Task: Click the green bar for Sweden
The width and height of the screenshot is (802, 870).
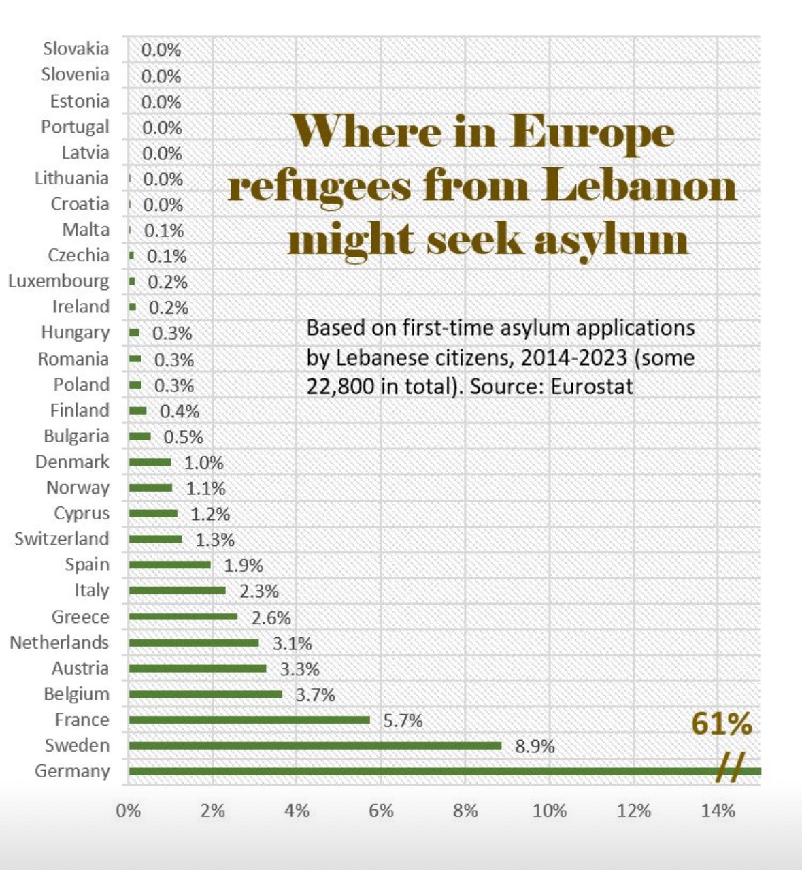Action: coord(314,745)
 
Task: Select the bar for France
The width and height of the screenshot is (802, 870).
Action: coord(249,720)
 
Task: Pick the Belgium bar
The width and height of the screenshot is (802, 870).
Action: coord(205,694)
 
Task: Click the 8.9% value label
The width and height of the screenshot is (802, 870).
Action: coord(535,747)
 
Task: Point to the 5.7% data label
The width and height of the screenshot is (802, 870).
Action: coord(403,721)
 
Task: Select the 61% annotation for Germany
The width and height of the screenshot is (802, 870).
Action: coord(722,724)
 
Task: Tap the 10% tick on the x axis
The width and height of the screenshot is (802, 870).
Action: coord(549,811)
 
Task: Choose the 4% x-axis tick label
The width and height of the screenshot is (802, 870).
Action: coord(297,811)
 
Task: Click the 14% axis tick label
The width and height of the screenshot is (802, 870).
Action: coord(718,811)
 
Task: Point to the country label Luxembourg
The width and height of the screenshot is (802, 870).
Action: coord(59,281)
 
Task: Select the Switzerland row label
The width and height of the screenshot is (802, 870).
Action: coord(61,538)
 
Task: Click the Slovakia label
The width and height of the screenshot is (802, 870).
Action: coord(76,49)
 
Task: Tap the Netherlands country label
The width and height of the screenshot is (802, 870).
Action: coord(59,642)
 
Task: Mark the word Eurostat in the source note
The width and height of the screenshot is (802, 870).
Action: coord(592,387)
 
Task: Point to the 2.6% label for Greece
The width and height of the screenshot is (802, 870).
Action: coord(271,618)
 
